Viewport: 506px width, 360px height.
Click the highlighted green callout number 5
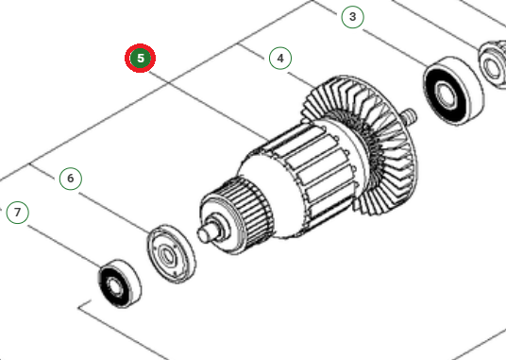coord(141,58)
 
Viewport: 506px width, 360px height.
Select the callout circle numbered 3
coord(352,16)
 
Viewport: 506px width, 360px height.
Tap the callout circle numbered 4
coord(278,58)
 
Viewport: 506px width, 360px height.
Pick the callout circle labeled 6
coord(69,177)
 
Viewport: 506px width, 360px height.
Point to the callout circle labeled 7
coord(18,212)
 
